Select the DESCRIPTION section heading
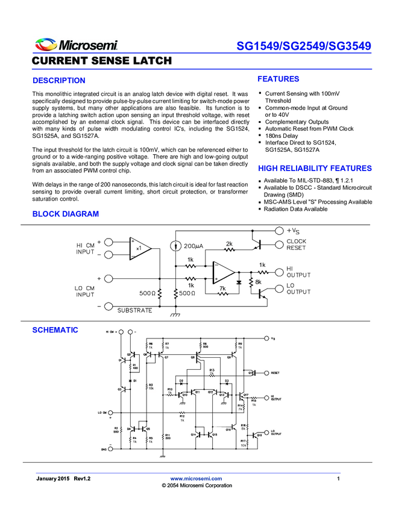coord(58,81)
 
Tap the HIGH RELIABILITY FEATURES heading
coord(315,169)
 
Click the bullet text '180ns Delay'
coord(281,136)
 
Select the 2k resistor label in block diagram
coord(229,244)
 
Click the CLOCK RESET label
coord(296,245)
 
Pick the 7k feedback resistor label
coord(222,289)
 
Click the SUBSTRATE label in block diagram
coord(134,310)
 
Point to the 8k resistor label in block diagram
coord(259,282)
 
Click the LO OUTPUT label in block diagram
coord(298,289)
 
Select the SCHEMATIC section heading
coord(55,330)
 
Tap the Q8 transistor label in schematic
coord(193,357)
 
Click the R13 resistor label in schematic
coord(212,370)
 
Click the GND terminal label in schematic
coord(103,449)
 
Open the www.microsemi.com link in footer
coord(196,478)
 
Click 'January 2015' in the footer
coord(53,478)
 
